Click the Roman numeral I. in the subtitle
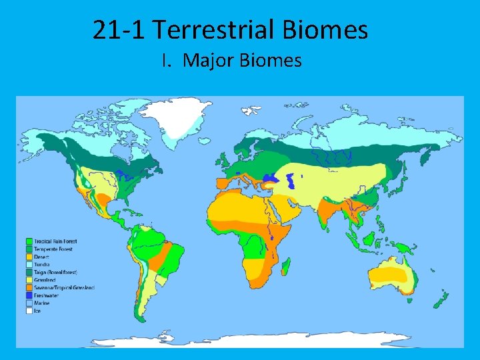[167, 61]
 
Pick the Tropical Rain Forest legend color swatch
[29, 241]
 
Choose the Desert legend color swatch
[29, 257]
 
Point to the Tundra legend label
[42, 264]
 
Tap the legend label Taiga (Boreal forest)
[57, 272]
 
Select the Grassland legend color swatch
[29, 280]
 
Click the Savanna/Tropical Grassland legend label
[65, 287]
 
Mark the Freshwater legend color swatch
[29, 295]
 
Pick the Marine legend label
[42, 303]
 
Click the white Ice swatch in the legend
[29, 311]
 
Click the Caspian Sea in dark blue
[291, 180]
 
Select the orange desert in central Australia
[397, 273]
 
